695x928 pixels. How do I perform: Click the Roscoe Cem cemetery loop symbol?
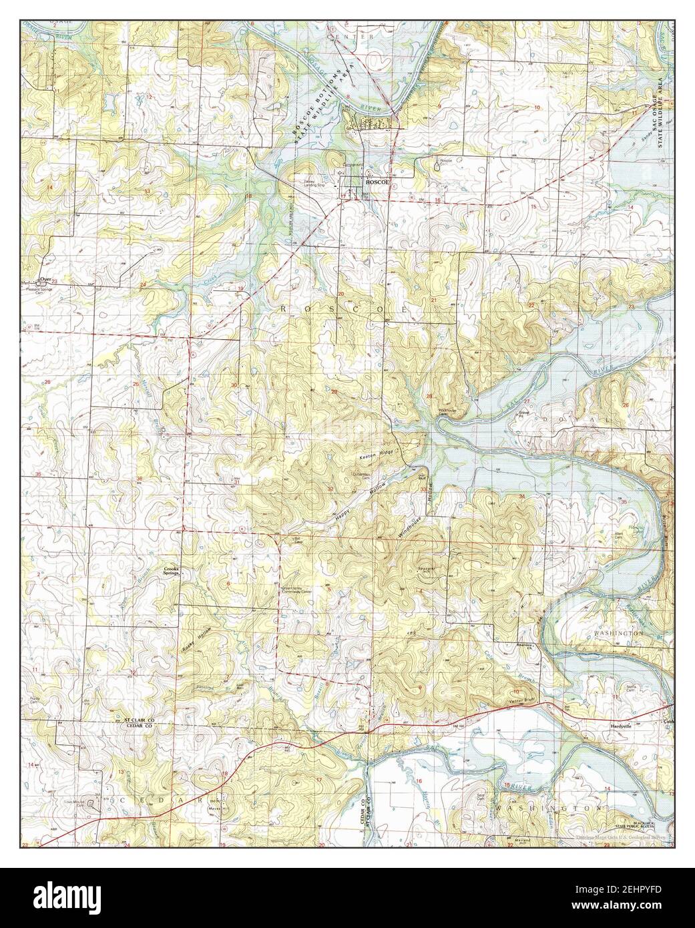pos(437,168)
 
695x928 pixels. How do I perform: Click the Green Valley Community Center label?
pos(288,590)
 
